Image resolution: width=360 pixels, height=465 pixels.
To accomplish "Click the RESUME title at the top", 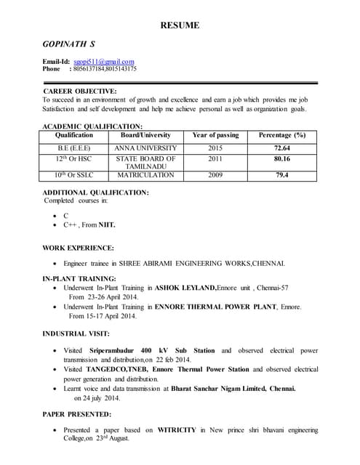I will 180,26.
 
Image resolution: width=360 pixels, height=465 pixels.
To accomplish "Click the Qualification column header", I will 73,135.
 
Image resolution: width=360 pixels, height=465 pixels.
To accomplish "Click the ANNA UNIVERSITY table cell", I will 145,148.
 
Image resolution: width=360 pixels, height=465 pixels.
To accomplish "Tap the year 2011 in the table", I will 215,158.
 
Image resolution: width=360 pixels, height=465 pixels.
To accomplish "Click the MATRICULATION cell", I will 145,175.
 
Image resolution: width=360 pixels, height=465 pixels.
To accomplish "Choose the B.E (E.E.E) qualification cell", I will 73,148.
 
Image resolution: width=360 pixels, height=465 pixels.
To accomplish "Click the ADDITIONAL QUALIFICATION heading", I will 96,193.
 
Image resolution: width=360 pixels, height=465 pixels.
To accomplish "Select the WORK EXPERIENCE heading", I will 79,248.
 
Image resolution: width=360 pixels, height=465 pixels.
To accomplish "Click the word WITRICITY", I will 177,430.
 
